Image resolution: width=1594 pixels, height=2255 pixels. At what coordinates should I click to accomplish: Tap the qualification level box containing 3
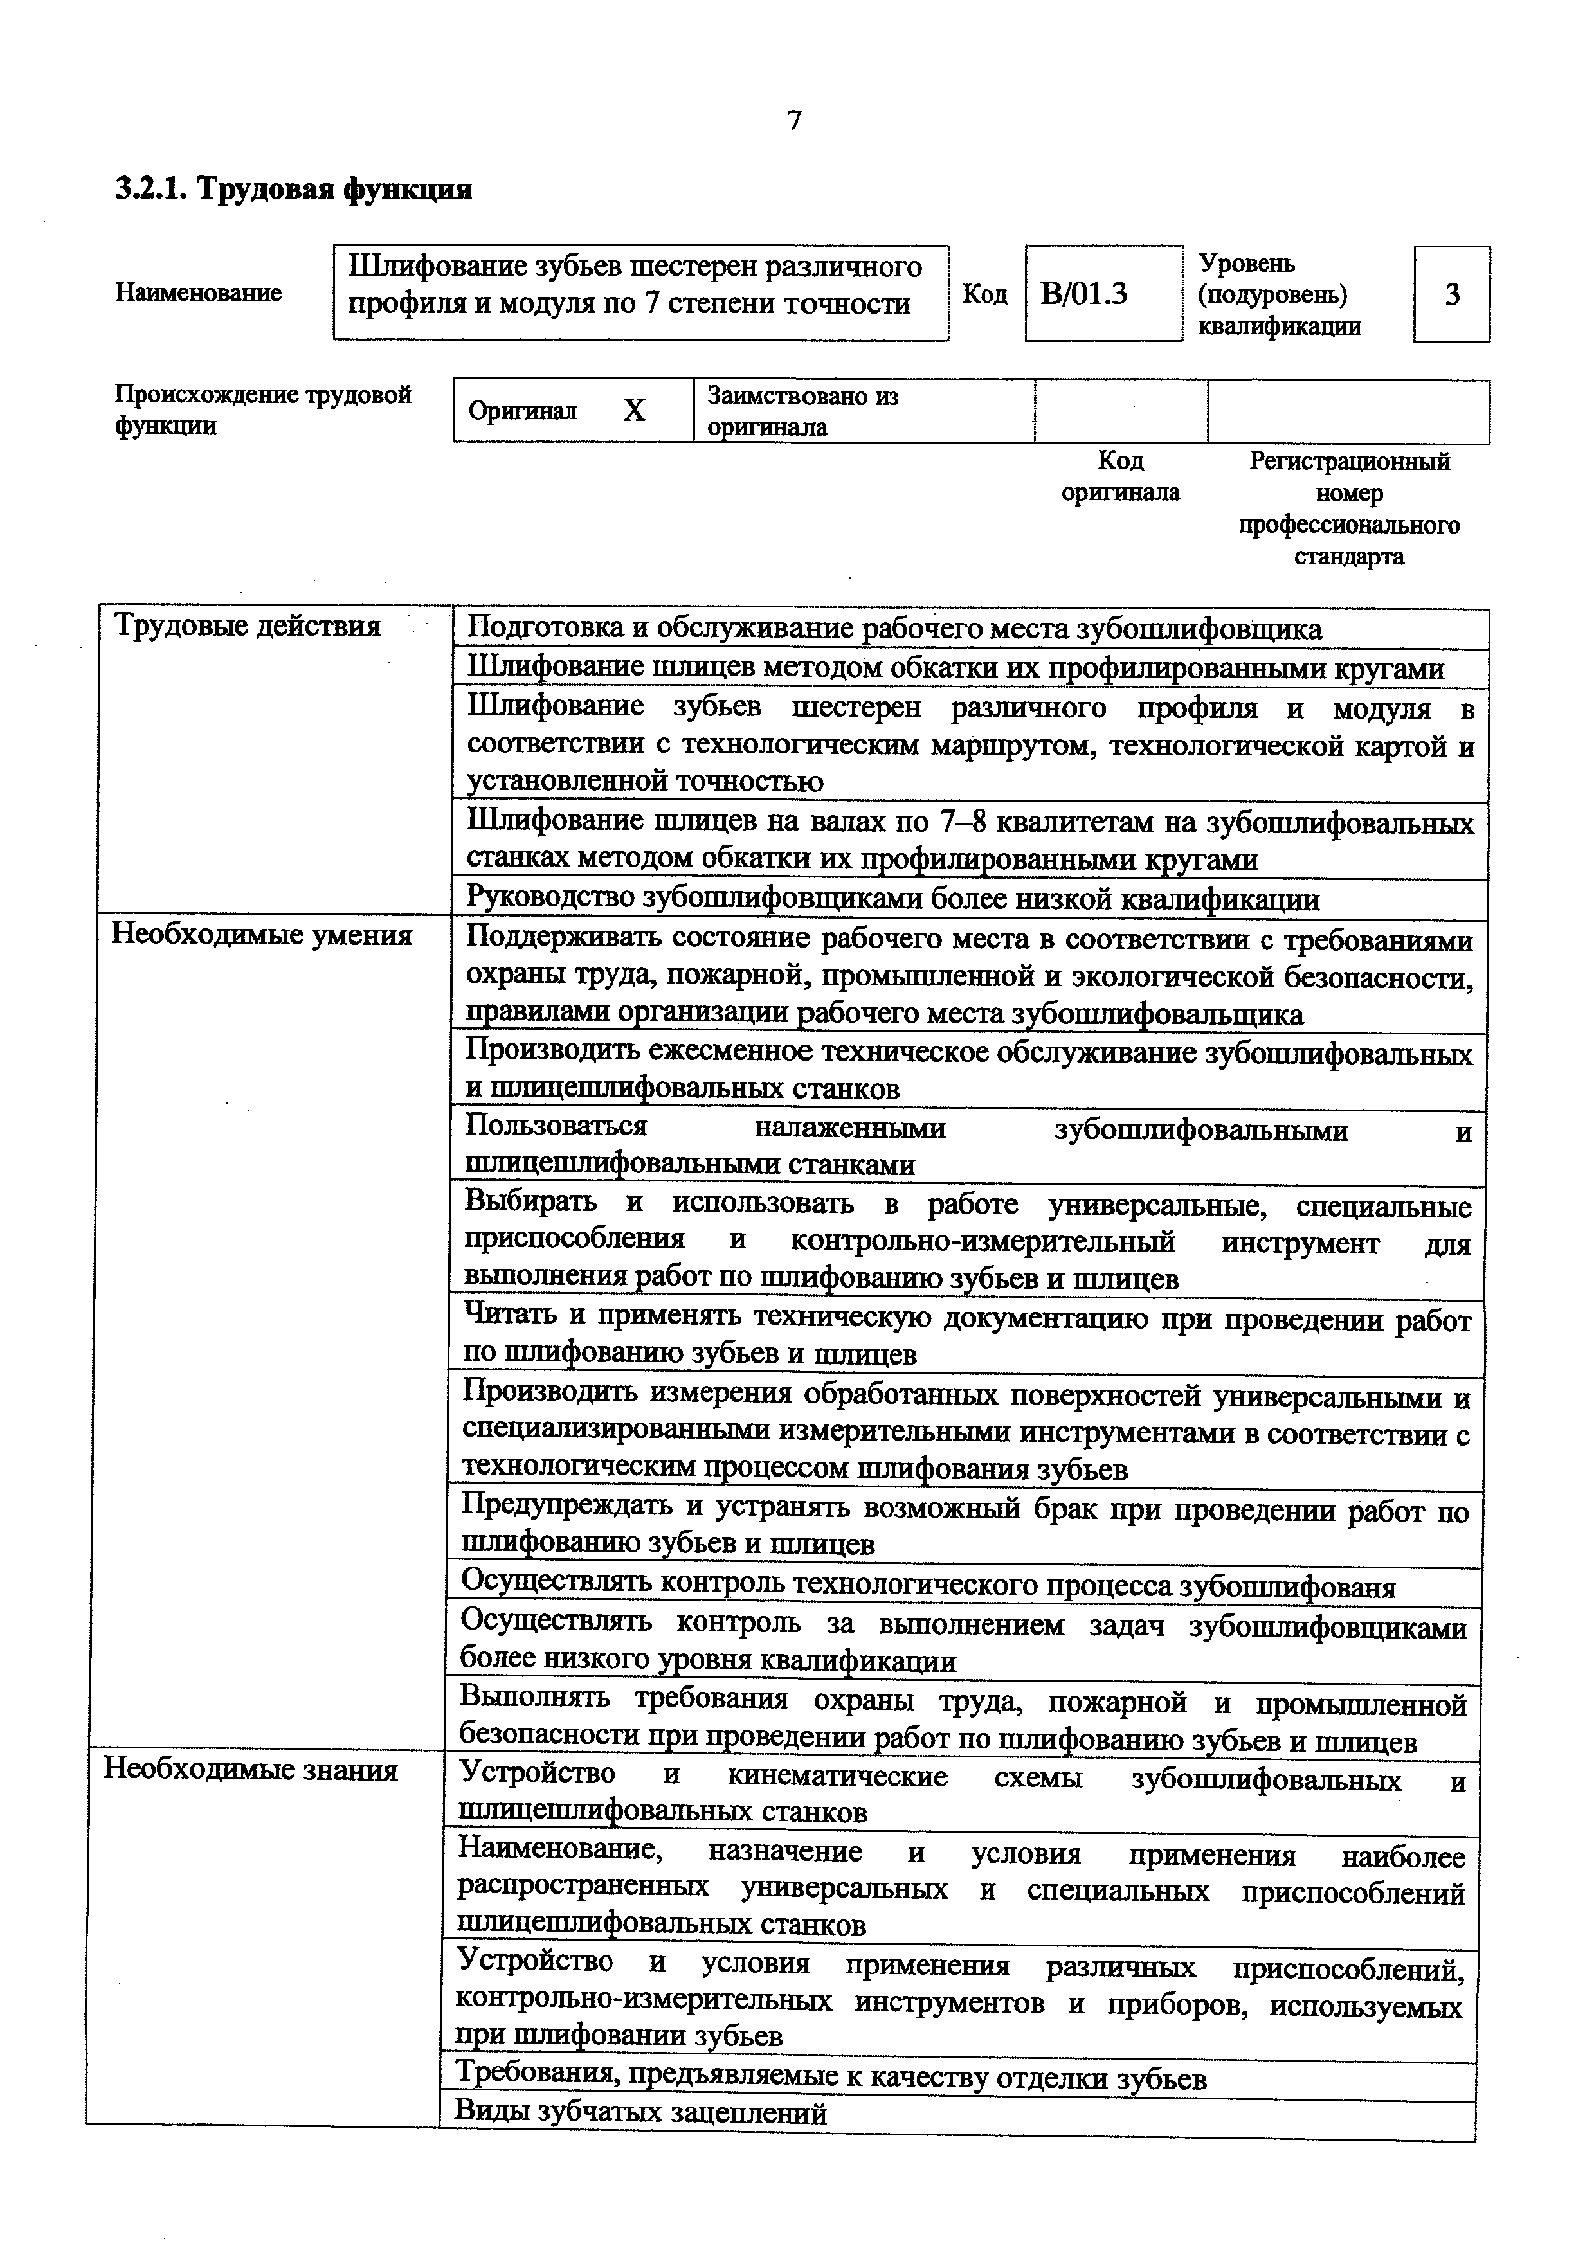click(x=1452, y=294)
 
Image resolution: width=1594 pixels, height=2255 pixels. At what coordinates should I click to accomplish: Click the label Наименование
click(x=199, y=292)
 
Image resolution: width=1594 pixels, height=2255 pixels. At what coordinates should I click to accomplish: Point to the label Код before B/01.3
click(x=984, y=294)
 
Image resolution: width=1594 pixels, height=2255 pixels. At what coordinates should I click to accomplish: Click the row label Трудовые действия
click(x=248, y=625)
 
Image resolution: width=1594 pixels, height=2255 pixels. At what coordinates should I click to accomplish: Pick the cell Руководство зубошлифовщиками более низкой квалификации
click(x=892, y=899)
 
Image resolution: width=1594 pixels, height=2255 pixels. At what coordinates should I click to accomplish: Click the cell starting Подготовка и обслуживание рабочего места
click(x=894, y=629)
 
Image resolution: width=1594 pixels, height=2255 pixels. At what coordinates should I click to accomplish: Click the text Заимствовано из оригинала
click(x=802, y=411)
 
